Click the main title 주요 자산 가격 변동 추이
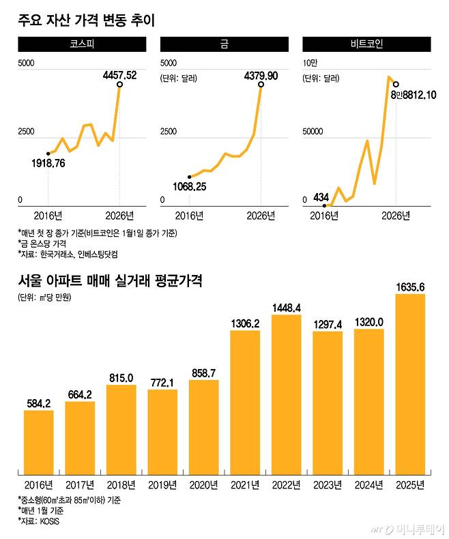(x=87, y=20)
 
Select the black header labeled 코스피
(x=82, y=45)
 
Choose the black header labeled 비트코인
(x=366, y=45)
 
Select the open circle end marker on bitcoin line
(x=396, y=85)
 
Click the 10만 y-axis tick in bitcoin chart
(x=311, y=63)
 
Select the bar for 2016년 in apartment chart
(x=38, y=442)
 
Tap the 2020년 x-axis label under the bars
(x=203, y=485)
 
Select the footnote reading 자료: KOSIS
(x=42, y=521)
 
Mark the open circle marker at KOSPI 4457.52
(x=120, y=85)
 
